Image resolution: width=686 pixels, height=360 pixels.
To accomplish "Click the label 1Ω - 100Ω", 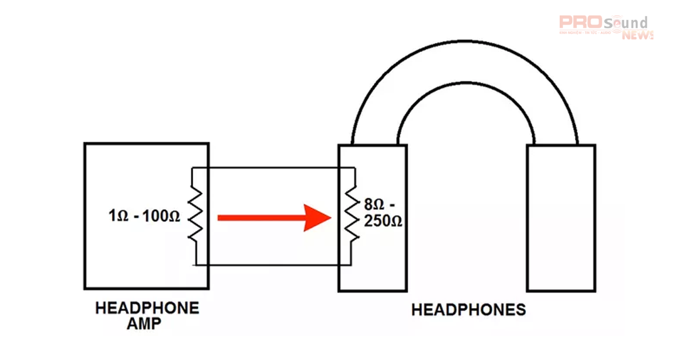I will pyautogui.click(x=144, y=217).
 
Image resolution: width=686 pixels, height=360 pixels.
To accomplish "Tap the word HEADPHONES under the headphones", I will pyautogui.click(x=468, y=310).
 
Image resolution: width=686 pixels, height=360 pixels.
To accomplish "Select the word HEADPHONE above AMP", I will pyautogui.click(x=147, y=309).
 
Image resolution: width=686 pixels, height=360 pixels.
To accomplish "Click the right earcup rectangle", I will pyautogui.click(x=560, y=217).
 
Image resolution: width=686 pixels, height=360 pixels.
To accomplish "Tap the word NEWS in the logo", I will pyautogui.click(x=637, y=35).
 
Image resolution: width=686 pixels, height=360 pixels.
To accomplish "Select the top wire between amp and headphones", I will pyautogui.click(x=274, y=167).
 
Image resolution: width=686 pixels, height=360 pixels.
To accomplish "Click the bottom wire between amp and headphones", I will pyautogui.click(x=274, y=265).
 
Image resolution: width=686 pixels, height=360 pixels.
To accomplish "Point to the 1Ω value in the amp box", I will pyautogui.click(x=116, y=217).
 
